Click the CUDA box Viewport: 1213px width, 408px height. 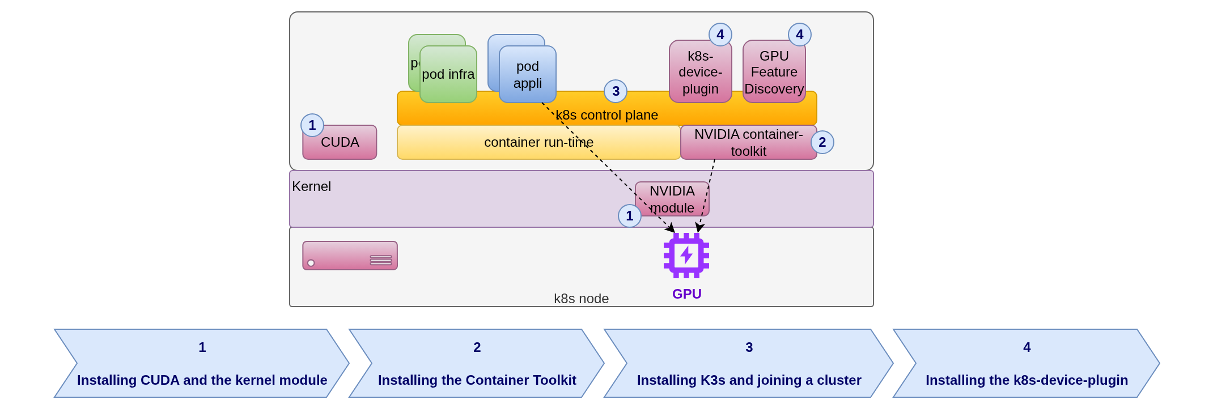[x=340, y=143]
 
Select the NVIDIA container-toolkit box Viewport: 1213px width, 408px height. [x=748, y=143]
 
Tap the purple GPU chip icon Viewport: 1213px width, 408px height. [x=686, y=256]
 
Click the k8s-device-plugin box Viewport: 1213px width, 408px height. [x=700, y=73]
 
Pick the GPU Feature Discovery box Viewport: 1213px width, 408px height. [x=774, y=73]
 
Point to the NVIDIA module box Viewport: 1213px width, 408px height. [x=672, y=199]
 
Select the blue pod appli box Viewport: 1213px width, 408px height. [x=527, y=75]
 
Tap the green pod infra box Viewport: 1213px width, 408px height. [x=448, y=75]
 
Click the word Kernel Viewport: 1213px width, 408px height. [x=311, y=186]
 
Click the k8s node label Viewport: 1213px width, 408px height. [x=581, y=299]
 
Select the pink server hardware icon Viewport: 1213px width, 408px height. [x=350, y=256]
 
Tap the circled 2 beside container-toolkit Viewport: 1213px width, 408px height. [x=822, y=142]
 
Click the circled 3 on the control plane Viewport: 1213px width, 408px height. [x=616, y=91]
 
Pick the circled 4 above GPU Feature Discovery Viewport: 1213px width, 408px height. [x=799, y=35]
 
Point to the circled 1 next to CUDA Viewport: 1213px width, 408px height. [x=312, y=125]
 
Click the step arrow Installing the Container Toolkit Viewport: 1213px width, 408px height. [x=477, y=364]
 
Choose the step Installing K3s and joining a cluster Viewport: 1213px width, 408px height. [x=749, y=364]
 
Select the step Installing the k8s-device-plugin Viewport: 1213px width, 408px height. [x=1027, y=364]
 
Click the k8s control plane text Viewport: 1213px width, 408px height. [x=606, y=115]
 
